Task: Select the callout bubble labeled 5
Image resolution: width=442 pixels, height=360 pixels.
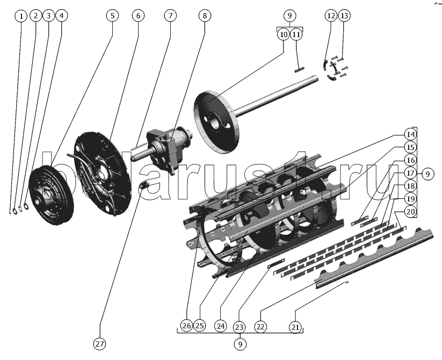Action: (x=112, y=16)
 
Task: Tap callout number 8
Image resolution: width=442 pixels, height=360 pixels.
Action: (x=204, y=16)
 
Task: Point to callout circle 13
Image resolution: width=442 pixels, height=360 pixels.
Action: (x=344, y=16)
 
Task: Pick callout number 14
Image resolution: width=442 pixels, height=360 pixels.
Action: (x=410, y=134)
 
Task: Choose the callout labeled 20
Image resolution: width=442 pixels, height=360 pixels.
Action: (x=410, y=212)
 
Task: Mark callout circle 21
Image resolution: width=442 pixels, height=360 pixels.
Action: (x=294, y=326)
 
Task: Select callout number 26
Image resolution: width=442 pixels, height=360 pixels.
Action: (x=186, y=326)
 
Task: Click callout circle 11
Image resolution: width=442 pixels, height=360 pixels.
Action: (x=296, y=34)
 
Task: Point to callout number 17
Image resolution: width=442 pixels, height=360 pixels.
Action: (x=410, y=173)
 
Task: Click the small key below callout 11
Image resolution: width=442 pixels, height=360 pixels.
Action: (x=299, y=69)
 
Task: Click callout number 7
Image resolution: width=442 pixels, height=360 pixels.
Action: (x=170, y=16)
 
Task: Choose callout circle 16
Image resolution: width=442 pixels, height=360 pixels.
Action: (x=410, y=160)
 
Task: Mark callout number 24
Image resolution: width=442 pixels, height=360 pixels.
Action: (x=220, y=326)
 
